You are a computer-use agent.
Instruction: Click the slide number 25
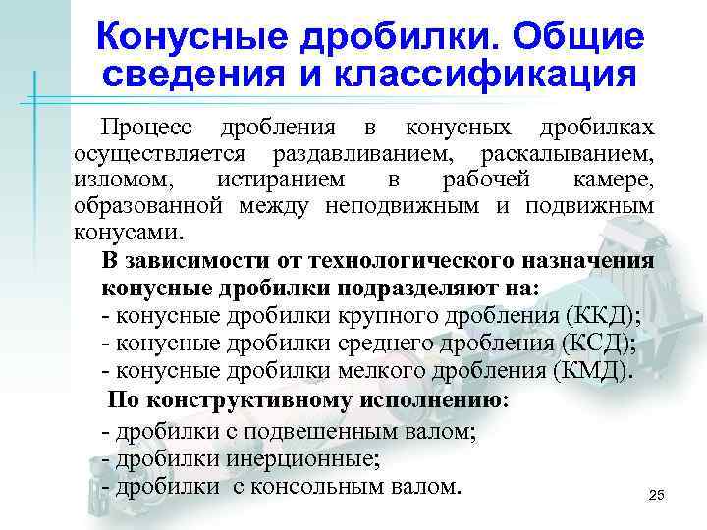click(657, 497)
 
